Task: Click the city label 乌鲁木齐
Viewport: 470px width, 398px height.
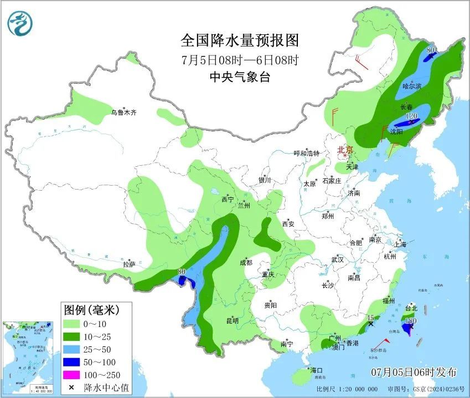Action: click(123, 113)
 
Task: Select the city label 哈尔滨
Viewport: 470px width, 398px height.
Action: click(412, 86)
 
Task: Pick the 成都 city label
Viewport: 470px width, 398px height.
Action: click(246, 263)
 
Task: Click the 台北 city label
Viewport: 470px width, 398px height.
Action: click(411, 308)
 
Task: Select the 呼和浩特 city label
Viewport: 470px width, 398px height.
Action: click(306, 154)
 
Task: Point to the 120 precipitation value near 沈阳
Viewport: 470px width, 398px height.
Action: click(411, 116)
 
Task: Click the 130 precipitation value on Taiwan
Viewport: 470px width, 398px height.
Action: click(411, 321)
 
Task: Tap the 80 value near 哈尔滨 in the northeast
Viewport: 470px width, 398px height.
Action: click(431, 50)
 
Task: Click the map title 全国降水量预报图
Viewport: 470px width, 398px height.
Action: click(240, 41)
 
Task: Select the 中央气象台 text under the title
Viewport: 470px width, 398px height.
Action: click(240, 78)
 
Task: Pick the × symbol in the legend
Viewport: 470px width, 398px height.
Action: click(72, 388)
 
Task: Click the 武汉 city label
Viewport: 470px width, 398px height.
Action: click(337, 259)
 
